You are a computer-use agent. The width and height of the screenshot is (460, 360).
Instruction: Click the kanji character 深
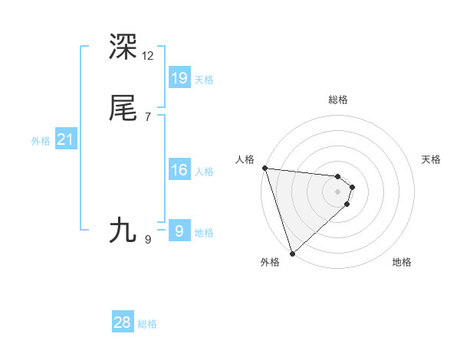pyautogui.click(x=123, y=47)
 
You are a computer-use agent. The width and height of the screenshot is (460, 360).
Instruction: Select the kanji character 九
pyautogui.click(x=123, y=231)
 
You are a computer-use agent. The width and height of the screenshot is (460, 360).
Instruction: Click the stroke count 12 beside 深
pyautogui.click(x=147, y=56)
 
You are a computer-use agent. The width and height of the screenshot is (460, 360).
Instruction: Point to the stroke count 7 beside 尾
pyautogui.click(x=147, y=117)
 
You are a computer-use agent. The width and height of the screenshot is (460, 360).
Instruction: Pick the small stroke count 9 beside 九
pyautogui.click(x=147, y=240)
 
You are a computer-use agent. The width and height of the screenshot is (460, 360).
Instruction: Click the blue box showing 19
pyautogui.click(x=179, y=78)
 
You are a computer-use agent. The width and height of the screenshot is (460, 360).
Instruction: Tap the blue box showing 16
pyautogui.click(x=179, y=170)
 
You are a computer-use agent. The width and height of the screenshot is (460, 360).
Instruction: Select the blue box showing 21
pyautogui.click(x=65, y=139)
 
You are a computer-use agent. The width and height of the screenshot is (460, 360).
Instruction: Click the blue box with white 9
pyautogui.click(x=179, y=231)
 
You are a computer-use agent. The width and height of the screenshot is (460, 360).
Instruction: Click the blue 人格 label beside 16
pyautogui.click(x=204, y=172)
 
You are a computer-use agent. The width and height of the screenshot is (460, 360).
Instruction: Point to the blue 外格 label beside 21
pyautogui.click(x=41, y=141)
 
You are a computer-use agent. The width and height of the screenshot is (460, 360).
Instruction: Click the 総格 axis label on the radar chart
pyautogui.click(x=338, y=100)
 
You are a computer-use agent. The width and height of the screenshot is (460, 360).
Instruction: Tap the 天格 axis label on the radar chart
pyautogui.click(x=432, y=159)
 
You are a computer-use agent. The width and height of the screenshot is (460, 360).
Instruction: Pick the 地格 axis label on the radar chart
pyautogui.click(x=402, y=262)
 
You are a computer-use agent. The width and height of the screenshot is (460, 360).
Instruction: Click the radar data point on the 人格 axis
pyautogui.click(x=264, y=168)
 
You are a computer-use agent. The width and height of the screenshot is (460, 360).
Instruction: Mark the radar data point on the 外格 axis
pyautogui.click(x=292, y=253)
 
